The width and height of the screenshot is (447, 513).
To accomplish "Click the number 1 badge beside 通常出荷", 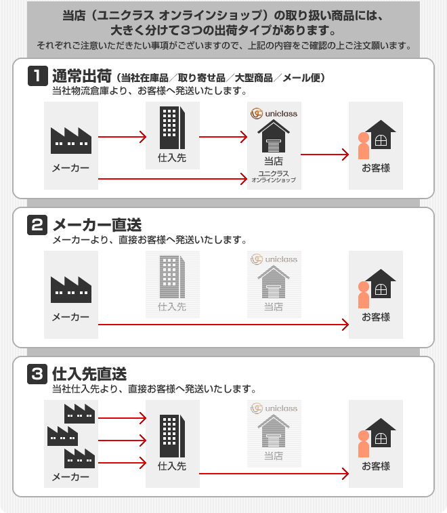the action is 38,76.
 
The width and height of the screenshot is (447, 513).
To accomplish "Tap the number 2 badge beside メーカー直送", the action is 37,225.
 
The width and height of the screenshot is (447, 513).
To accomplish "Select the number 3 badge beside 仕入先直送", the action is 37,373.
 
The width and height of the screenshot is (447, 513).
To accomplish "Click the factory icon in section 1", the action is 71,141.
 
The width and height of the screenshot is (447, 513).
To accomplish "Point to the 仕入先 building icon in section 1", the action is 172,128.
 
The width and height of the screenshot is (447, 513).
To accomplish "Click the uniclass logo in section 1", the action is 274,114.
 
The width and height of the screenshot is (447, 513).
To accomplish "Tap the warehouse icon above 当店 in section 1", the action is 274,136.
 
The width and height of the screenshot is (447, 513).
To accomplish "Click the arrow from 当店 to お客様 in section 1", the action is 324,155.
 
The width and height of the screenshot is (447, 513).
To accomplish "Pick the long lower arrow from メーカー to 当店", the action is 172,179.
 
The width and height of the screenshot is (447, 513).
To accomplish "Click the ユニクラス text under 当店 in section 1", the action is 274,173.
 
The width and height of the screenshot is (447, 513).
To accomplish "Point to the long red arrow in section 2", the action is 223,325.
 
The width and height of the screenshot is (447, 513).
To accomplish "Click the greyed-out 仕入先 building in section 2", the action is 172,276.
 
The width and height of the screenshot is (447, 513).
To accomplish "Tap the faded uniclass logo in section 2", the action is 274,260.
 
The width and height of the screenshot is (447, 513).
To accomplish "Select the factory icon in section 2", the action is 71,289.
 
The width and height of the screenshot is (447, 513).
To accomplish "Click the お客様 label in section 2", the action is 376,317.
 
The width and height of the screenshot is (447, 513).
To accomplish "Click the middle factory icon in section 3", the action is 63,436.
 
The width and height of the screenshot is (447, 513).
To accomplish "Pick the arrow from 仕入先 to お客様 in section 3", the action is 274,474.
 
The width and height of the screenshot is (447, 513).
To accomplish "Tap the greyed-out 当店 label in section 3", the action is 274,456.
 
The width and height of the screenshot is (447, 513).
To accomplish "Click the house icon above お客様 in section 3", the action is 381,432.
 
